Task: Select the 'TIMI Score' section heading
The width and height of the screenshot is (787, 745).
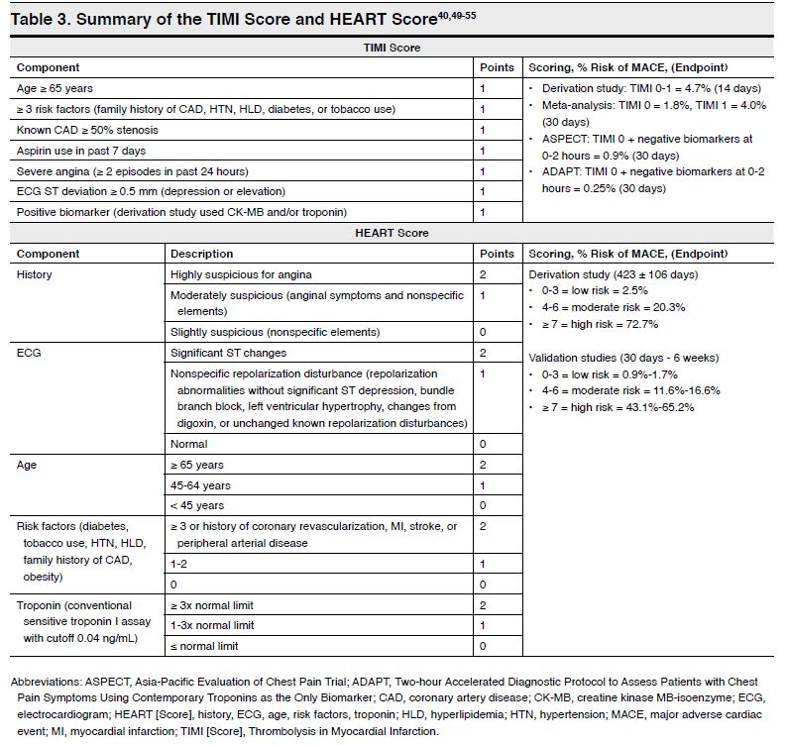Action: click(393, 48)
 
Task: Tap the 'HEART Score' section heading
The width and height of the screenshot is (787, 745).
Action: click(393, 233)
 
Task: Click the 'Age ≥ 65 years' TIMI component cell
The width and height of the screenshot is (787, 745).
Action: click(58, 88)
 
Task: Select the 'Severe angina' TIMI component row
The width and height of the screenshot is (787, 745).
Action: click(133, 171)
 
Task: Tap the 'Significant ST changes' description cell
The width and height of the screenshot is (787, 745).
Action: click(228, 353)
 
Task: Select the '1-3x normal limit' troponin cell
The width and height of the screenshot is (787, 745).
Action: click(212, 625)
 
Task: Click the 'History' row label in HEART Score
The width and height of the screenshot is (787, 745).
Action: click(35, 273)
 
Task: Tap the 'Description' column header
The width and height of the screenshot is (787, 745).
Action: click(202, 254)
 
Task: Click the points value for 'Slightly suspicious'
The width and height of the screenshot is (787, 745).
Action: click(483, 332)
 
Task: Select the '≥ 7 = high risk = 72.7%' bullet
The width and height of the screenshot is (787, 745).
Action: click(598, 324)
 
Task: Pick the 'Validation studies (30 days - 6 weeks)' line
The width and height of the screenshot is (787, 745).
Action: click(623, 358)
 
